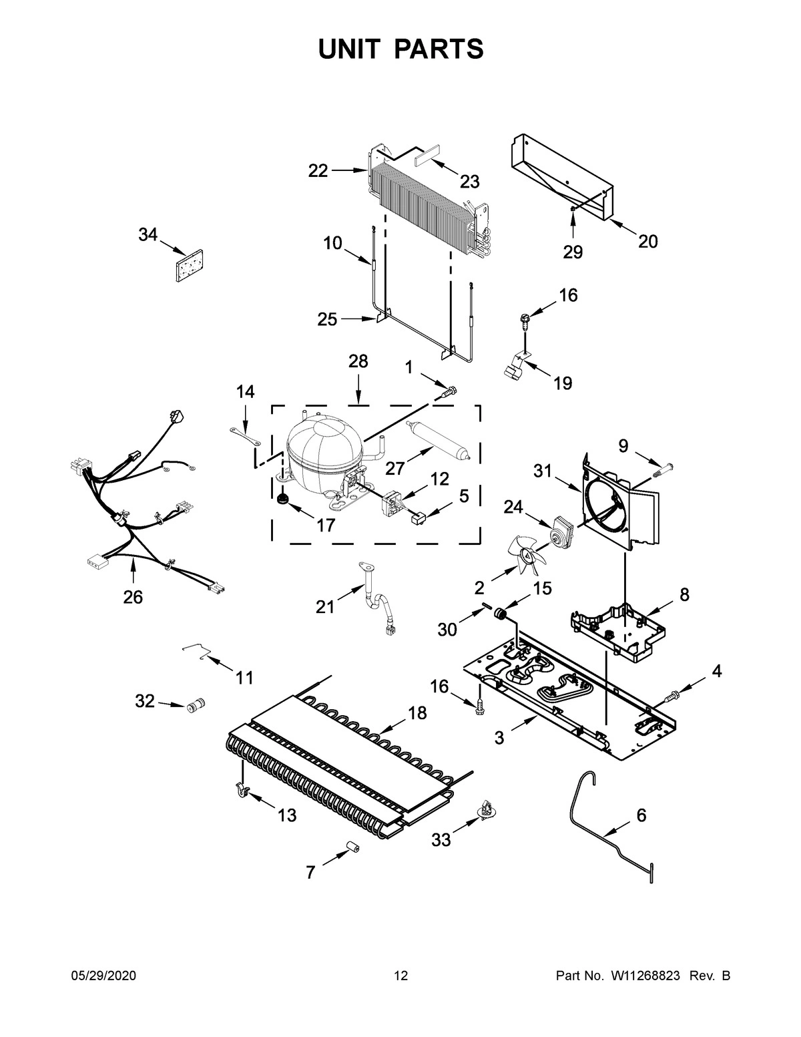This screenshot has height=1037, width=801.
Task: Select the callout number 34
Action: pyautogui.click(x=148, y=234)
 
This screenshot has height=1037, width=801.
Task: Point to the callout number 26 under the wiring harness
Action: pyautogui.click(x=133, y=597)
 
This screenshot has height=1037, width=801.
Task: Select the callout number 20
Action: pyautogui.click(x=647, y=241)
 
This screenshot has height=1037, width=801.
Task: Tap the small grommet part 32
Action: pyautogui.click(x=196, y=704)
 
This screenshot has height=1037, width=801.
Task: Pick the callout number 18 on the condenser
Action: pyautogui.click(x=417, y=713)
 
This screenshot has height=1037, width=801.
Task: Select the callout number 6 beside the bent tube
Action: pyautogui.click(x=641, y=815)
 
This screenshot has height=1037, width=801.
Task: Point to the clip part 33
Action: pyautogui.click(x=484, y=811)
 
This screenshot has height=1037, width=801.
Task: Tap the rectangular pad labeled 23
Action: pyautogui.click(x=427, y=161)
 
